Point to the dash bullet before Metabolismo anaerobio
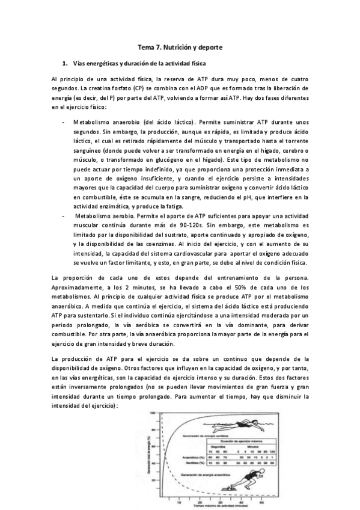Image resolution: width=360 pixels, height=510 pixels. point(64,121)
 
